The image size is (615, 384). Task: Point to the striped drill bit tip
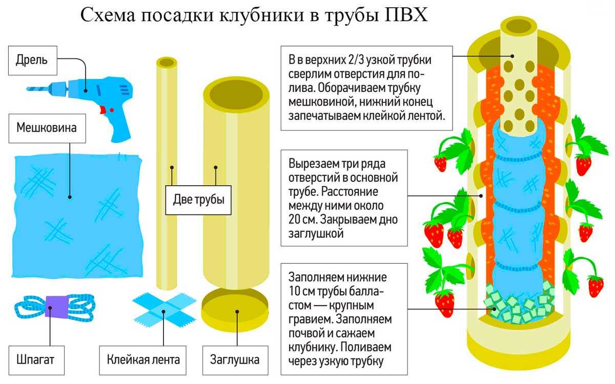pyautogui.click(x=38, y=88)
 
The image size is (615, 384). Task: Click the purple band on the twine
pyautogui.click(x=54, y=306)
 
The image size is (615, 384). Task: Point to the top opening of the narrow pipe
pyautogui.click(x=167, y=63)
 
